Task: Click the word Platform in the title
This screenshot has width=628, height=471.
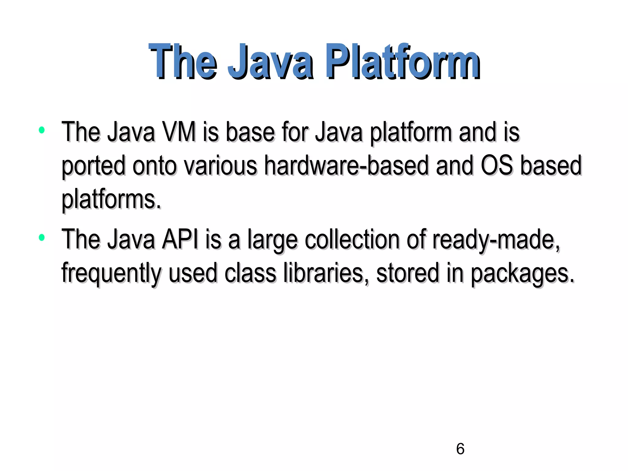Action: point(402,62)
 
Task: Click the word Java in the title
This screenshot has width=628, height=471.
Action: point(270,62)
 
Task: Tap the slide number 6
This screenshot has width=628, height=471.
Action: point(460,449)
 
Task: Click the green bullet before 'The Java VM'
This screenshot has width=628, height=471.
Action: point(42,130)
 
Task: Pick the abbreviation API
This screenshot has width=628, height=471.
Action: point(180,239)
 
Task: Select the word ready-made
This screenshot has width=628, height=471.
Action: point(496,240)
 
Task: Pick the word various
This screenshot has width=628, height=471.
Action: point(220,166)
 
